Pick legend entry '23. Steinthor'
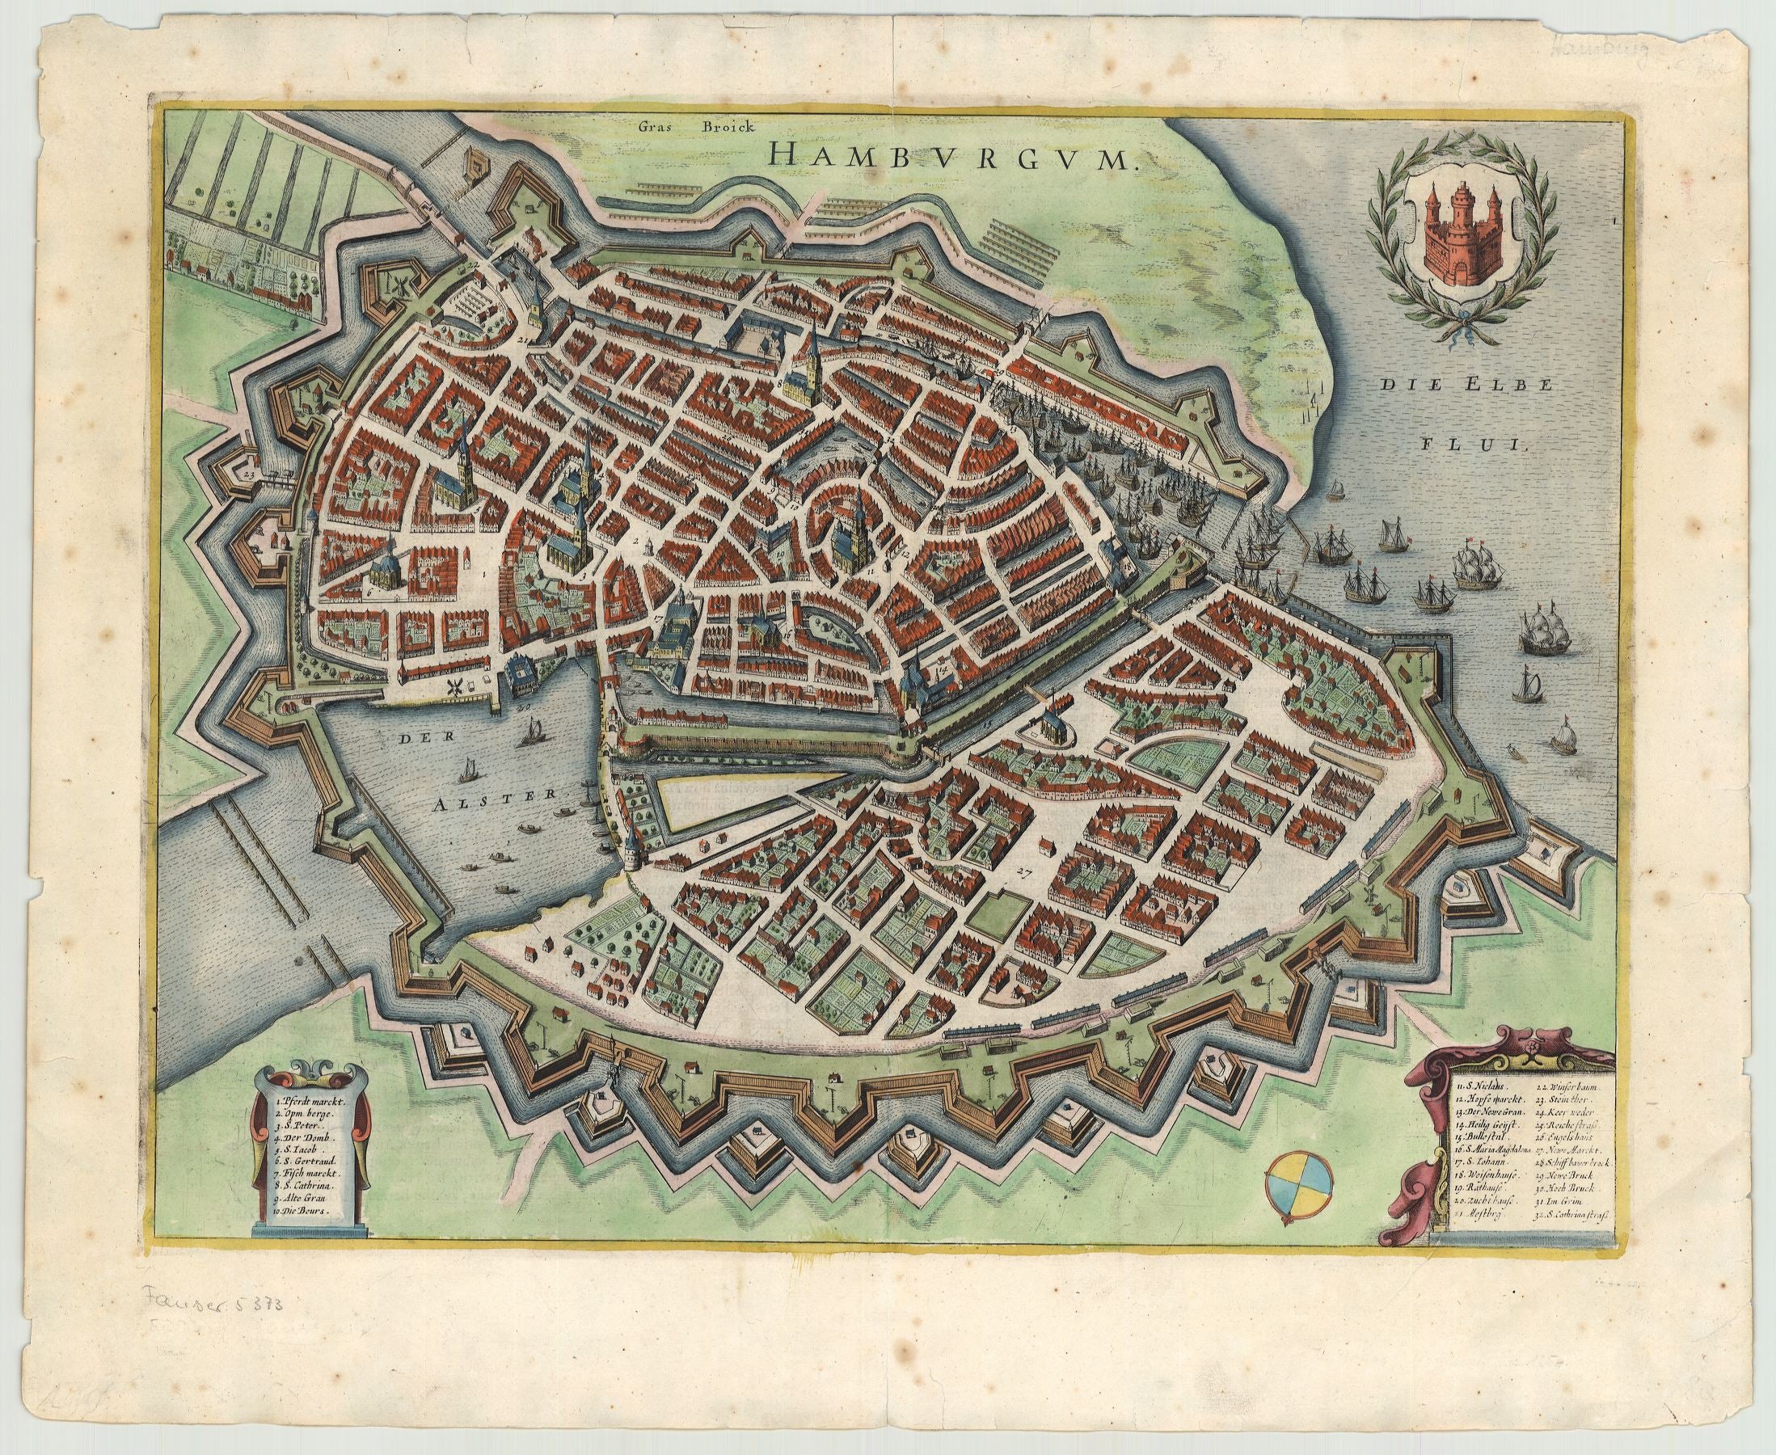[1574, 1107]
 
